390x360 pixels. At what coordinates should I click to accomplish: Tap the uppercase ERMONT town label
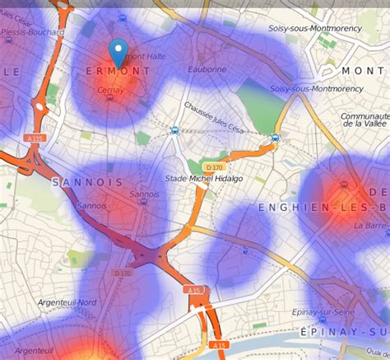tap(118, 72)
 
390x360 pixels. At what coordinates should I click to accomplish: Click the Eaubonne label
tap(207, 70)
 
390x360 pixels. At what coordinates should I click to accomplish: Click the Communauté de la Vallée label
tap(364, 120)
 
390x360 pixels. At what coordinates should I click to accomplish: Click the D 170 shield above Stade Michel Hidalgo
tap(215, 168)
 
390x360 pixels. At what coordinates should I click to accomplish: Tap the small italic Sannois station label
tap(144, 194)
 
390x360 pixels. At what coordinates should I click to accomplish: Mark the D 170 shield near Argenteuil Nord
tap(122, 274)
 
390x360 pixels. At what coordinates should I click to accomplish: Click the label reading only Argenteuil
tap(34, 351)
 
